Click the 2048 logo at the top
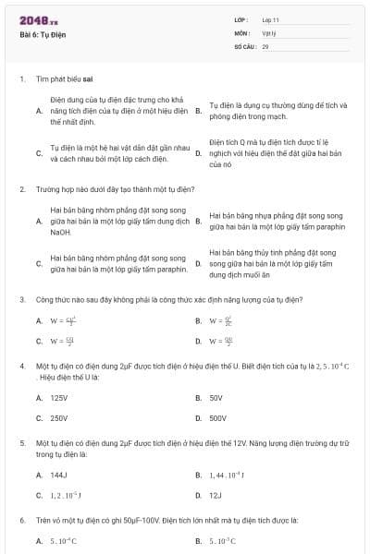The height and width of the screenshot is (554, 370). click(32, 19)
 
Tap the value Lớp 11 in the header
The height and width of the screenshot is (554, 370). click(270, 19)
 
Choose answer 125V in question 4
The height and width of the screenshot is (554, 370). click(58, 398)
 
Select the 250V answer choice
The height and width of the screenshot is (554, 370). click(58, 418)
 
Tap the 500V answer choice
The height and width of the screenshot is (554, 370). click(218, 418)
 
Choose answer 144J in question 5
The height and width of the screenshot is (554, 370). click(57, 475)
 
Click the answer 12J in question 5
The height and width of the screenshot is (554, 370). click(216, 495)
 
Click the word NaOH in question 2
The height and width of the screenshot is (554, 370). click(60, 232)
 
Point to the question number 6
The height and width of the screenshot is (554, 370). click(21, 521)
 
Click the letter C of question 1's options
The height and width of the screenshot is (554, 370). click(39, 152)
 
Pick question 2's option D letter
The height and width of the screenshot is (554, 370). click(198, 263)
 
